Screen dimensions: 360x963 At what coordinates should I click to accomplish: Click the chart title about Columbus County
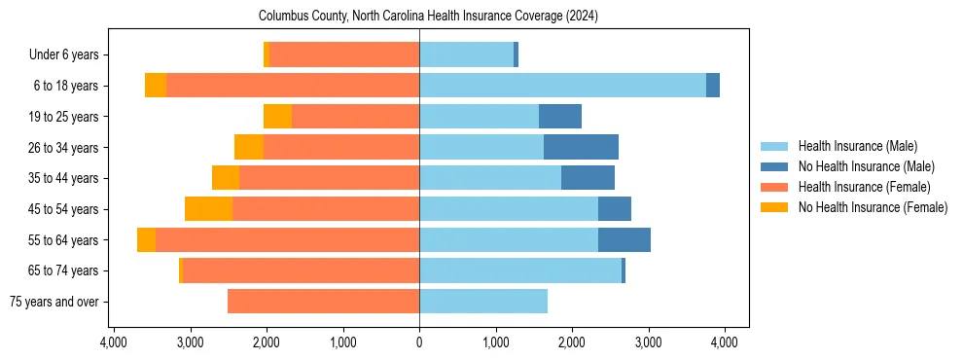coord(428,17)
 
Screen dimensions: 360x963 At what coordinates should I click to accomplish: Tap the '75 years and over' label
coord(53,302)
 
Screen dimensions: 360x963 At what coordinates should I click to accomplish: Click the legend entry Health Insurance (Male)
coord(857,146)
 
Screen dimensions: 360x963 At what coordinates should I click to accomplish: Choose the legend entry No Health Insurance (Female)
coord(873,207)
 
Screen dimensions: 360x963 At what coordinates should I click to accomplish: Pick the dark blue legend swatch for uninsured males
coord(774,166)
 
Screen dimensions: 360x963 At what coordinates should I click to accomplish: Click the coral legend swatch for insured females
coord(774,187)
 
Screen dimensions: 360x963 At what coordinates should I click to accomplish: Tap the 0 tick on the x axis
coord(419,342)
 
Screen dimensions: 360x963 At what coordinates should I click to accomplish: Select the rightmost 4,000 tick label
coord(724,342)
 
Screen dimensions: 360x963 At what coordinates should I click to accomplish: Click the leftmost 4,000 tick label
coord(114,342)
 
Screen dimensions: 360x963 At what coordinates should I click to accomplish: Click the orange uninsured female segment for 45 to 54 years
coord(208,209)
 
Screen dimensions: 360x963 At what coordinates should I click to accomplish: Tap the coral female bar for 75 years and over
coord(323,302)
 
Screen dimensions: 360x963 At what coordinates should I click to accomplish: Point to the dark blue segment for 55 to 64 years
coord(624,239)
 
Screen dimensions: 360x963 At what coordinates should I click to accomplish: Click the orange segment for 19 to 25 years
coord(277,117)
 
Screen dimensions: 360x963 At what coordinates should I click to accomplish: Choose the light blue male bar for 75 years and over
coord(482,302)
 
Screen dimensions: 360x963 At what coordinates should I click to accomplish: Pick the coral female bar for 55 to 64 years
coord(287,239)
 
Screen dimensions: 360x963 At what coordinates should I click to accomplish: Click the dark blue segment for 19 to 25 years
coord(560,117)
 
